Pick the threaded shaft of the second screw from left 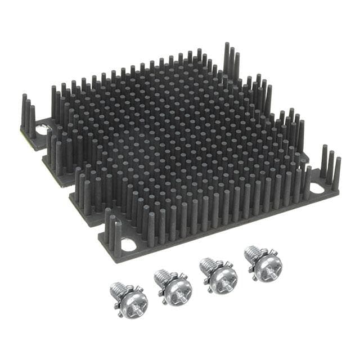click(162, 275)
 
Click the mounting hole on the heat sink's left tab click(43, 130)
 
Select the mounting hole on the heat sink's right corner click(317, 188)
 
